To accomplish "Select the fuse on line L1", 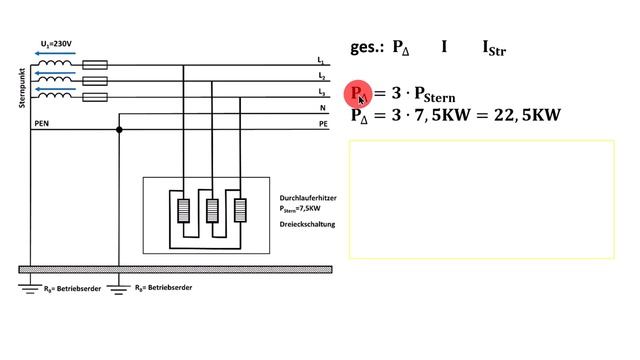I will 95,63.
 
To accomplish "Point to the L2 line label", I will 321,76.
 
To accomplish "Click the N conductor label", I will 321,107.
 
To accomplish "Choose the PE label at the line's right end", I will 322,124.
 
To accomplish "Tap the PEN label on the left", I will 43,123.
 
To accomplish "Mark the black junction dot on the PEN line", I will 119,130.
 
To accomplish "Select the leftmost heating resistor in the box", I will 184,212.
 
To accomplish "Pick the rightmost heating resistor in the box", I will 240,212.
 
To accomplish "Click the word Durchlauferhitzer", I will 307,198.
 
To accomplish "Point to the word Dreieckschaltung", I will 307,224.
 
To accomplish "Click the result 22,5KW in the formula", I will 526,115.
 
